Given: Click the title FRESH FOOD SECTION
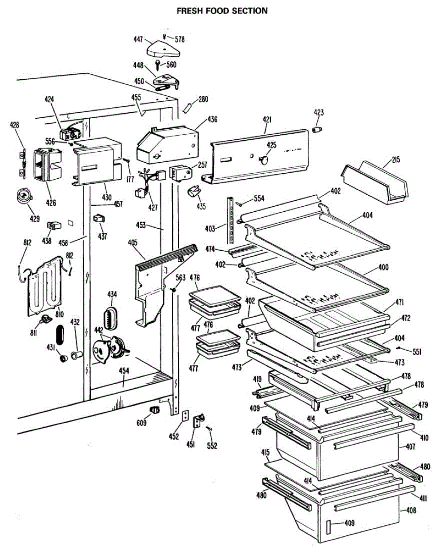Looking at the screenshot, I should (x=222, y=11).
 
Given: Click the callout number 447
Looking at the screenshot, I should (x=138, y=40).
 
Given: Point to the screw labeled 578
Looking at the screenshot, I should (x=164, y=36).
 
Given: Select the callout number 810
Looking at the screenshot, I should (x=60, y=314).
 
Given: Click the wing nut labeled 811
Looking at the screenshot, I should (x=45, y=319).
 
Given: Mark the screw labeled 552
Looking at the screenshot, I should (x=209, y=429).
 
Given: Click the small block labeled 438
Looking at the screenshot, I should (x=54, y=225).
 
